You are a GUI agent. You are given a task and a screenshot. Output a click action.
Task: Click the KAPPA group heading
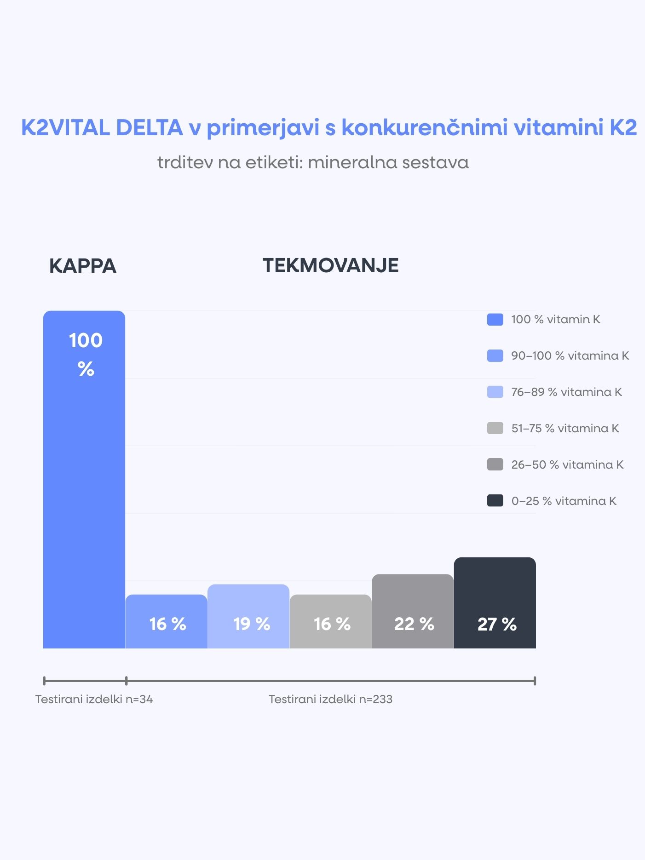point(83,266)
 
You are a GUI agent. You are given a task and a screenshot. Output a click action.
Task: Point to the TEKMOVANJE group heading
point(330,265)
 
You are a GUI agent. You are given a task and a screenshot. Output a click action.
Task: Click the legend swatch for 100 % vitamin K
point(495,320)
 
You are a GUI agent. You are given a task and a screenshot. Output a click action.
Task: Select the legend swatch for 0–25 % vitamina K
point(495,501)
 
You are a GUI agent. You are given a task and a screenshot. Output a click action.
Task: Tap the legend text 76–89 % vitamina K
point(566,392)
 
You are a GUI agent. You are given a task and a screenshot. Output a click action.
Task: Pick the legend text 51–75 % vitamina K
point(565,429)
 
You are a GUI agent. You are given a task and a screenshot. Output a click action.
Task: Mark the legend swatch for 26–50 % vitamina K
point(495,464)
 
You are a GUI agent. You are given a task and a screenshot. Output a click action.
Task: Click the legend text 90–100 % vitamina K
point(570,356)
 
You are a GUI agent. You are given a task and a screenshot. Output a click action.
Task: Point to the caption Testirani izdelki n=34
point(94,699)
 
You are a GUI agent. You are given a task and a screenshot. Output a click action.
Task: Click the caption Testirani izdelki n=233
point(330,699)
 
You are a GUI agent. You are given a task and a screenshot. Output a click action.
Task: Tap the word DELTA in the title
point(150,127)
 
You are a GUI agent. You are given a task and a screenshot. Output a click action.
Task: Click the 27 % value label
point(497,624)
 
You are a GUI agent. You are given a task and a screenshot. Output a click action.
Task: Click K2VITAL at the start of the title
point(65,127)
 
